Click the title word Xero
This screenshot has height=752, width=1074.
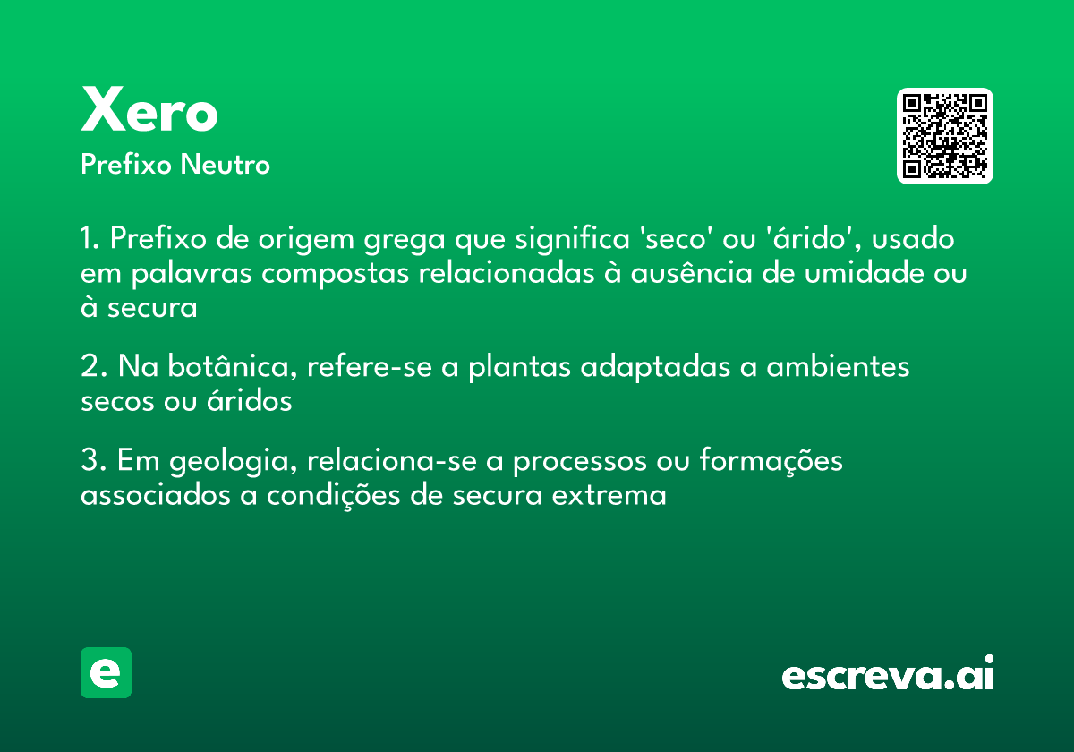[149, 109]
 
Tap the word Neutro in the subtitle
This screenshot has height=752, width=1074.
[225, 165]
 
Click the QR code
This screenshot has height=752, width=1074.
[944, 136]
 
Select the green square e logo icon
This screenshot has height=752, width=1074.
[106, 672]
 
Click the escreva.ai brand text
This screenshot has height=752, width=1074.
[888, 673]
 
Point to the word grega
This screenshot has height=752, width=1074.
[405, 240]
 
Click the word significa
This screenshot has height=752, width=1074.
[572, 238]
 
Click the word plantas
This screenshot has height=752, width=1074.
[519, 368]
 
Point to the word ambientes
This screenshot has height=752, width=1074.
[838, 366]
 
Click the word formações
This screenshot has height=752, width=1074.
[771, 461]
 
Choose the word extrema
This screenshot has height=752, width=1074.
[609, 495]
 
